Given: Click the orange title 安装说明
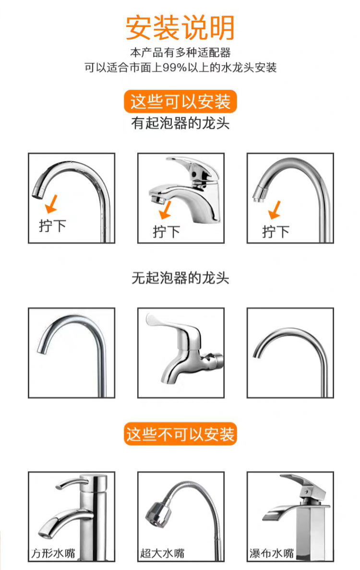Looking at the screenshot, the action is [x=180, y=28].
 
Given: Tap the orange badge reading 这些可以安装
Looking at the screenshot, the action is [x=180, y=101].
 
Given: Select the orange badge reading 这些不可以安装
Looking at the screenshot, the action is [x=180, y=434].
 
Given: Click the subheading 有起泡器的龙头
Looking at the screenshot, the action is [x=180, y=123].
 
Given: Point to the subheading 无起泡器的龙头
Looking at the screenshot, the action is [x=180, y=278].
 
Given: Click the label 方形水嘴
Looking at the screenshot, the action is [x=53, y=553].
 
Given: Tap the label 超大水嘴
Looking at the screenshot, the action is [x=163, y=553].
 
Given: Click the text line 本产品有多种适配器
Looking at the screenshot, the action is [x=180, y=53].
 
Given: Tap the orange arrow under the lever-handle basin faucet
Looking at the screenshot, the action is [x=166, y=210].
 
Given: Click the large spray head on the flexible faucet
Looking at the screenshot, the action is [x=158, y=514].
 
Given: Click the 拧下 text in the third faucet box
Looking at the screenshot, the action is [x=276, y=232].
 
